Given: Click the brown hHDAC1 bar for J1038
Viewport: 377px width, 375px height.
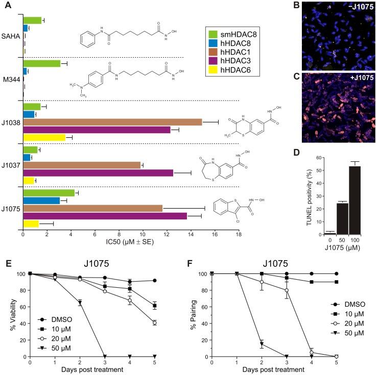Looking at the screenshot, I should (112, 121).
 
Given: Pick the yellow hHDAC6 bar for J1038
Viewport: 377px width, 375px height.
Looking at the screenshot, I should (44, 137).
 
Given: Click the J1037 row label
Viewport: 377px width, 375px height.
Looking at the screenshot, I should (11, 165).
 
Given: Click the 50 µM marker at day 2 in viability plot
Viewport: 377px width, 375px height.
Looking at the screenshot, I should (79, 303).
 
